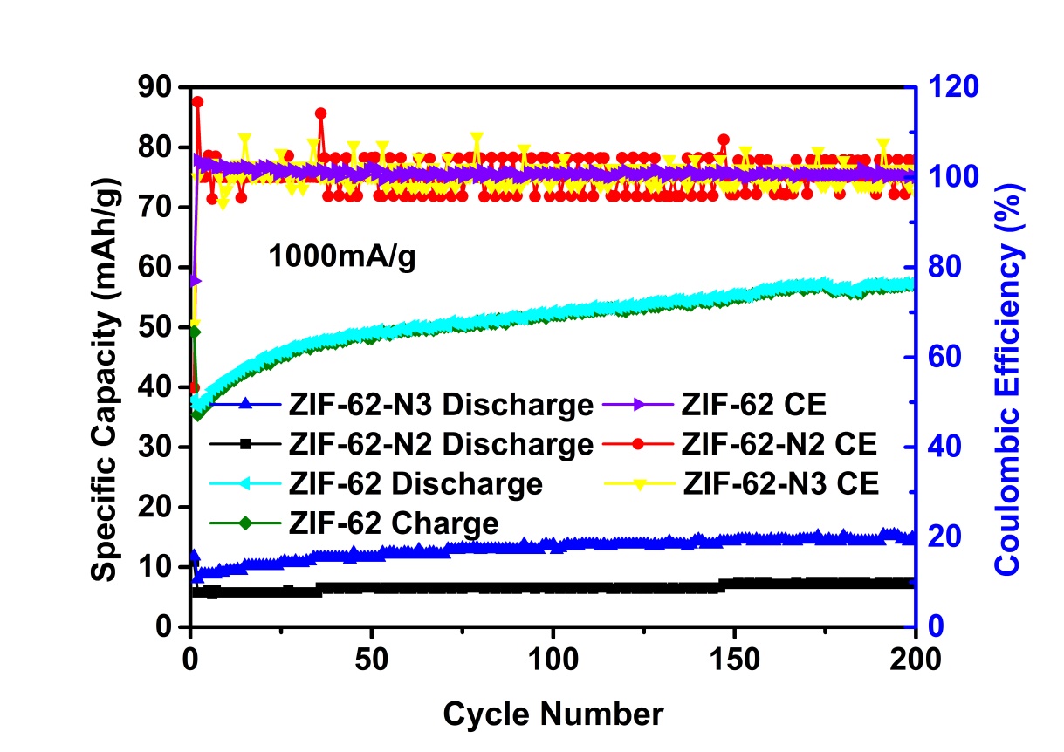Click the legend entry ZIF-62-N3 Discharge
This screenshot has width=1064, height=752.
pyautogui.click(x=442, y=406)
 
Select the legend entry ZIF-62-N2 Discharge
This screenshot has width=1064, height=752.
pyautogui.click(x=442, y=444)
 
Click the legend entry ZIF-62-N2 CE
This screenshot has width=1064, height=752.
pyautogui.click(x=777, y=444)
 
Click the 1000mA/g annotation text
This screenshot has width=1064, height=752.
pyautogui.click(x=340, y=258)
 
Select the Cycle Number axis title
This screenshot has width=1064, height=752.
pyautogui.click(x=553, y=714)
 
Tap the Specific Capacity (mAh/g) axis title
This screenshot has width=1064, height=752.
pyautogui.click(x=106, y=354)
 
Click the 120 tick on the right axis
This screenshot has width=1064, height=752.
pyautogui.click(x=953, y=87)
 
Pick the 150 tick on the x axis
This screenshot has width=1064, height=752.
pyautogui.click(x=734, y=657)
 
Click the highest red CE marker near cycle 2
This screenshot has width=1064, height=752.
pyautogui.click(x=197, y=102)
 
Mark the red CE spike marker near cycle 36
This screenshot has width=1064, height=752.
pyautogui.click(x=320, y=113)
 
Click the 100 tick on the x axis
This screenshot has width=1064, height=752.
pyautogui.click(x=553, y=657)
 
